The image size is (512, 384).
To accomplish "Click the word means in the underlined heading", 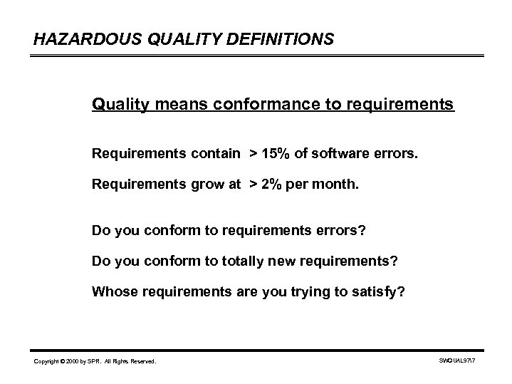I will coord(171,105).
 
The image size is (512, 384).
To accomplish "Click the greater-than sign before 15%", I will coord(253,153).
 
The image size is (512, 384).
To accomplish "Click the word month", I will coord(338,184).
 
